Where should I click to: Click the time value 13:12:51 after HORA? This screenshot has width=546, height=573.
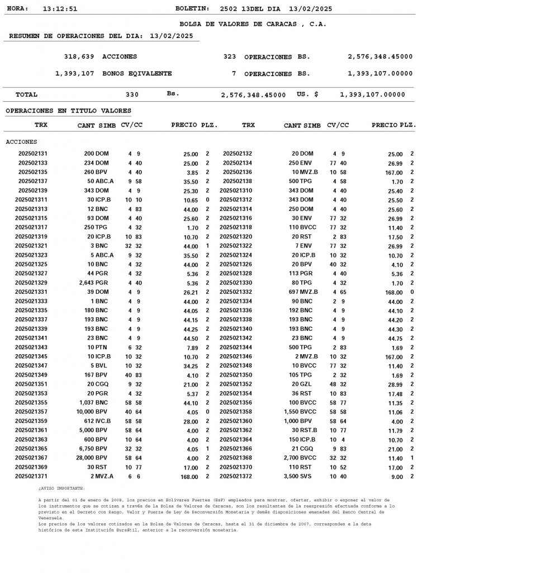point(60,9)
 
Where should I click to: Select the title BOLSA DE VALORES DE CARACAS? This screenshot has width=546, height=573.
point(253,24)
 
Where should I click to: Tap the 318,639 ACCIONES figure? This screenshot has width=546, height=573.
point(79,57)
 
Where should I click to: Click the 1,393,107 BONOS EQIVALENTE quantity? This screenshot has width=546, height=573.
point(74,74)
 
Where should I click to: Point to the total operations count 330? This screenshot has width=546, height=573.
point(132,95)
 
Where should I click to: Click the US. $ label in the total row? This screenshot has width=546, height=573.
point(307,95)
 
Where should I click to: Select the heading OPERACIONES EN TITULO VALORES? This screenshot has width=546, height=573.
point(68,111)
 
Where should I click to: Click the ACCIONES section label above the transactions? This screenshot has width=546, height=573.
point(21,142)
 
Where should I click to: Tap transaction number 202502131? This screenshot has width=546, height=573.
point(33,153)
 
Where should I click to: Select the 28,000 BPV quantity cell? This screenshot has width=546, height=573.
point(92,458)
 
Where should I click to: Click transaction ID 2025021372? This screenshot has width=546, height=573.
point(236,477)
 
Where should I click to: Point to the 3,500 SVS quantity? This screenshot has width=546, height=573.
point(298,477)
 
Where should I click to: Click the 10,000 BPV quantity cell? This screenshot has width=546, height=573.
point(92,412)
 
